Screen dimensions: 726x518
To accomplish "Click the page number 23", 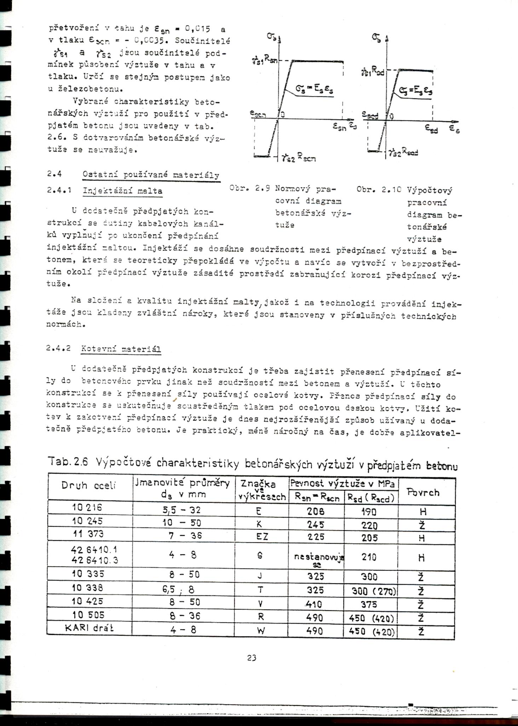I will [x=252, y=658].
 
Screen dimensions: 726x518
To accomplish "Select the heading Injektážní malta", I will [x=122, y=191].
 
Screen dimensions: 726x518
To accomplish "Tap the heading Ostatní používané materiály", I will [x=151, y=175].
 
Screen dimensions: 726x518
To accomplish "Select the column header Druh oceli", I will [x=88, y=485].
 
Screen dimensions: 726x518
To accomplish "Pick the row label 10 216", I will [x=87, y=508].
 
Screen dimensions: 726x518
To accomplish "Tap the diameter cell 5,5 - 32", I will [x=182, y=510].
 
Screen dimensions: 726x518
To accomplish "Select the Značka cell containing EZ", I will [x=262, y=537].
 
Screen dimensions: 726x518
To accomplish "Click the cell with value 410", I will [x=314, y=604].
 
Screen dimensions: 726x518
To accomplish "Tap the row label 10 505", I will [x=88, y=615].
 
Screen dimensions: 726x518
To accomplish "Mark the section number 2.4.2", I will [x=58, y=348].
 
